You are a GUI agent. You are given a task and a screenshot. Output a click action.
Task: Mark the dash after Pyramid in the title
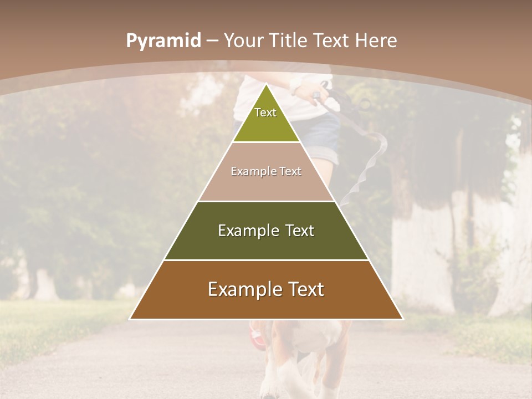(x=212, y=41)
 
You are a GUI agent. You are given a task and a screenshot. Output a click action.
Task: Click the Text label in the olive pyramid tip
(x=265, y=112)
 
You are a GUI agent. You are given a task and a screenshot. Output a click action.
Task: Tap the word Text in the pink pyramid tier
(x=291, y=172)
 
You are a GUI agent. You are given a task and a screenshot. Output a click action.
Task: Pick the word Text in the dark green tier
(x=299, y=231)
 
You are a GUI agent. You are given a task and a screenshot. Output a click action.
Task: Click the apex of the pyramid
(x=266, y=85)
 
